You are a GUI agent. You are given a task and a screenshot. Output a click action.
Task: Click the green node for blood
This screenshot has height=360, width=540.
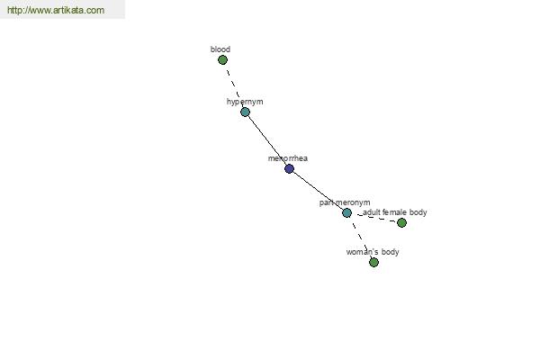[x=222, y=60]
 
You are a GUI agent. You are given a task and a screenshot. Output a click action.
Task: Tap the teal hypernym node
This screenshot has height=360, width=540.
[x=245, y=112]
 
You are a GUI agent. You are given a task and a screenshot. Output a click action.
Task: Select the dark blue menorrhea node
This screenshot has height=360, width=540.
[x=289, y=169]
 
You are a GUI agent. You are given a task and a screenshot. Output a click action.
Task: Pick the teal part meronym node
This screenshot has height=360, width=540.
[x=346, y=213]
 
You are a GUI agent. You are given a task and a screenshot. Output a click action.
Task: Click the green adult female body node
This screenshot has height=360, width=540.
[x=401, y=223]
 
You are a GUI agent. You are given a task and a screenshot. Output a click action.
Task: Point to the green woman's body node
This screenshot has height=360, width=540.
[x=373, y=263]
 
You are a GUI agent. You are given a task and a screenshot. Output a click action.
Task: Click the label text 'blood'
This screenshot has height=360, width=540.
[x=220, y=49]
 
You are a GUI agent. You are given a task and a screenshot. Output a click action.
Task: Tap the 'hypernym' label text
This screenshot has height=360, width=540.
[x=245, y=102]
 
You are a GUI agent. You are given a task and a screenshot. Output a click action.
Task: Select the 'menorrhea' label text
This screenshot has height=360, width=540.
[x=288, y=158]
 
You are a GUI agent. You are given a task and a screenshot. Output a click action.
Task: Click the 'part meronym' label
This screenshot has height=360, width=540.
[x=345, y=202]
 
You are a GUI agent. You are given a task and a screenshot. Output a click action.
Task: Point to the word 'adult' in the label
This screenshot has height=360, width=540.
[x=371, y=212]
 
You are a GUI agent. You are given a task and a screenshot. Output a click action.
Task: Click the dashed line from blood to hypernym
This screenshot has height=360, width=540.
[x=233, y=83]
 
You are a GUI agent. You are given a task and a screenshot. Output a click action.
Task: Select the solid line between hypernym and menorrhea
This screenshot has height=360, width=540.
[x=267, y=140]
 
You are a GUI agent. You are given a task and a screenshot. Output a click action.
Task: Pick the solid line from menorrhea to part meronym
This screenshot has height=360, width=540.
[x=318, y=191]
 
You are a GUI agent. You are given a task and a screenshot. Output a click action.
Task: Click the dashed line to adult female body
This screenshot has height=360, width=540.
[x=376, y=218]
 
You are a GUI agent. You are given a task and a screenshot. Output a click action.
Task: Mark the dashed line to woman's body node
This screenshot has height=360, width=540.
[x=360, y=238]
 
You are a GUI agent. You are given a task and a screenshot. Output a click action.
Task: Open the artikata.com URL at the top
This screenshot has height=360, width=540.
[x=56, y=10]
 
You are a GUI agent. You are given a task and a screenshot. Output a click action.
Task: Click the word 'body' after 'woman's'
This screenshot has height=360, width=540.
[x=391, y=252]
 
